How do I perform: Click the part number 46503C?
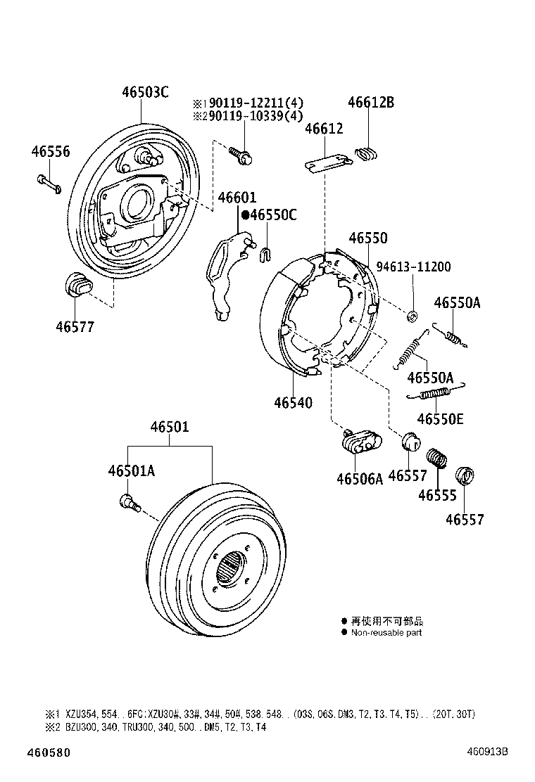pos(145,92)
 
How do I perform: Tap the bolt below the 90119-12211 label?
pos(243,156)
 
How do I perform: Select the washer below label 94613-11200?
pos(413,313)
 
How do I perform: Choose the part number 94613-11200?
pos(413,267)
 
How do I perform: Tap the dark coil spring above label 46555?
pos(438,457)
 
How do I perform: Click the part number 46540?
pos(293,402)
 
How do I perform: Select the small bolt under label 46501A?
pos(127,502)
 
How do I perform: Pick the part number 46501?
pos(169,428)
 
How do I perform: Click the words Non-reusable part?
pos(386,633)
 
